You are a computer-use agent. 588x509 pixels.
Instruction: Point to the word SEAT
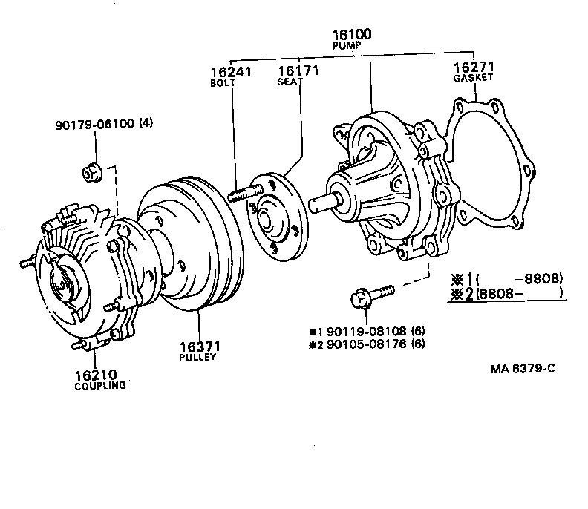(289, 83)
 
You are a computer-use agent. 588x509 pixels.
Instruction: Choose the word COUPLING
(100, 386)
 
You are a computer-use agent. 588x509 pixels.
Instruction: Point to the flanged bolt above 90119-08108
(367, 296)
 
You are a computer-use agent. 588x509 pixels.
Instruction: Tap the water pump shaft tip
(321, 200)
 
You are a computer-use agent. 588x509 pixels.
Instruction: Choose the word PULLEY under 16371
(197, 357)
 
